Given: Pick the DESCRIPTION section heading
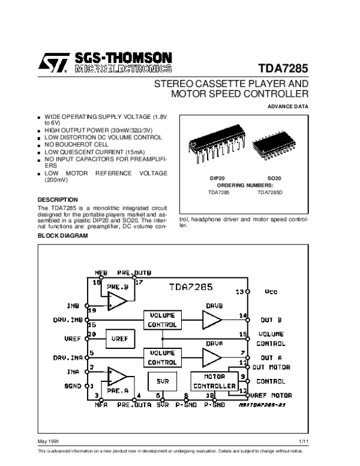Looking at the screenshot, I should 58,199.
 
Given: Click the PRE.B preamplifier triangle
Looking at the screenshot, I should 116,301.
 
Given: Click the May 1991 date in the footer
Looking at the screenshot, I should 49,442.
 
